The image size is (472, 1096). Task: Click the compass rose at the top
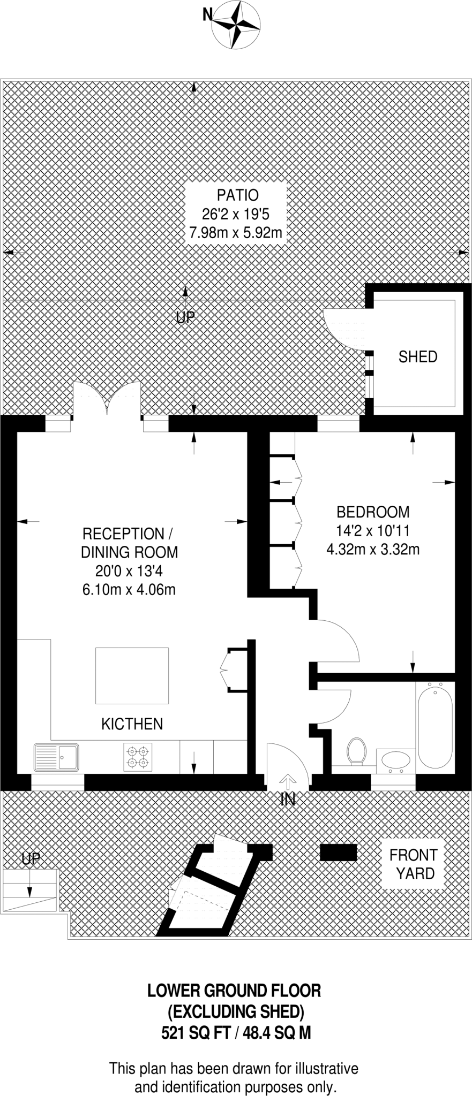coord(236,24)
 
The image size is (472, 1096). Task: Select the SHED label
coord(418,357)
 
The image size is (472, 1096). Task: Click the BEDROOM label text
coord(373,512)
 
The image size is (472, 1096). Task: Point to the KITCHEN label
coord(132,724)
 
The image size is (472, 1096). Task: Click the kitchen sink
coord(56,757)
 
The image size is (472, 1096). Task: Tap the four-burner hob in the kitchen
coord(138,757)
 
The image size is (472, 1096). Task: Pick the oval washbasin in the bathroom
coord(396,760)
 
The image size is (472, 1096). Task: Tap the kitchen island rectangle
coord(132,675)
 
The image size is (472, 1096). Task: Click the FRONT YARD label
coord(413,864)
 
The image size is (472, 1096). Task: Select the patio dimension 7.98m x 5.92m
coord(236,233)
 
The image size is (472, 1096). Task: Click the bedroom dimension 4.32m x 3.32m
coord(373,549)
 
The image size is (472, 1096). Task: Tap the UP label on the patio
coord(185,318)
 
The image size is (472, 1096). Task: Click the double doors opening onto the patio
coord(107,399)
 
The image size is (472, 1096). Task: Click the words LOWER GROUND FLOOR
coord(234,991)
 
